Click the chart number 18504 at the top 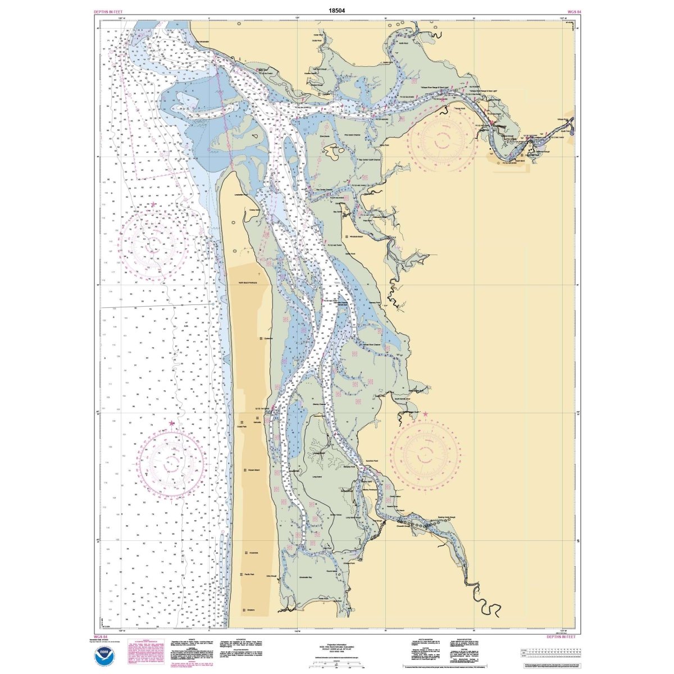(x=337, y=10)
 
